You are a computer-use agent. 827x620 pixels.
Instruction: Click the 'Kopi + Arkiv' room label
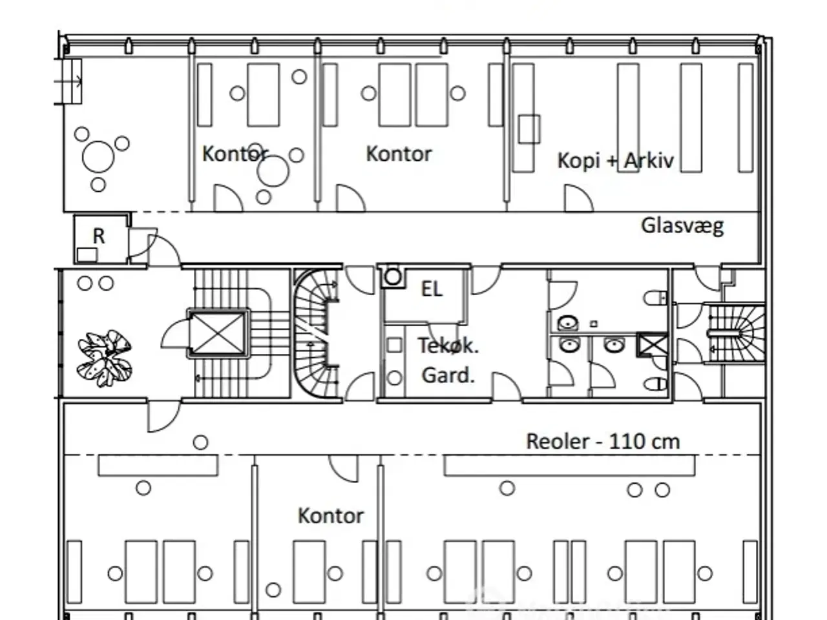[615, 160]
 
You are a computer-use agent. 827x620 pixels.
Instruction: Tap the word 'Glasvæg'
[682, 225]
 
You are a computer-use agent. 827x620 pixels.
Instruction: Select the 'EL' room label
[432, 289]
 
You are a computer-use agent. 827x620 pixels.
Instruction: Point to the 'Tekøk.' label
[448, 346]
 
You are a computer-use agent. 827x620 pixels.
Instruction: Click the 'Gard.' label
[448, 375]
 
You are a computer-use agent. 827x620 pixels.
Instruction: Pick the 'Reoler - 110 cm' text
[602, 442]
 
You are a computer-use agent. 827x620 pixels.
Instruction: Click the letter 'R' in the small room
[99, 236]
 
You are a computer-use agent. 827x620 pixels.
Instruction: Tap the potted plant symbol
[105, 358]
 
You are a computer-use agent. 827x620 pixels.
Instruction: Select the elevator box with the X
[219, 333]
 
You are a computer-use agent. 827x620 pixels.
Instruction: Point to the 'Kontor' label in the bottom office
[330, 515]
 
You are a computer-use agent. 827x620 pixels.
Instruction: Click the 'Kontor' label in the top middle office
[399, 154]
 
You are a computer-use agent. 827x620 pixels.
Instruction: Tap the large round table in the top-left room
[98, 156]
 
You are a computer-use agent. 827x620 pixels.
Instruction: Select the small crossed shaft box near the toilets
[652, 344]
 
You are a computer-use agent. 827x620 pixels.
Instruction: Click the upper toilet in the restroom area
[655, 298]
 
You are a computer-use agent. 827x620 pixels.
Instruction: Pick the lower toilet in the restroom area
[656, 385]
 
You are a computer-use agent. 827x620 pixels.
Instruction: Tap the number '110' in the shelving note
[627, 442]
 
